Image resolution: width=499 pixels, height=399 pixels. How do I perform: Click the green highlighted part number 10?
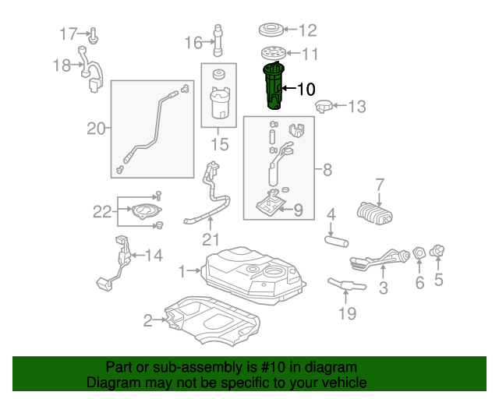click(x=274, y=86)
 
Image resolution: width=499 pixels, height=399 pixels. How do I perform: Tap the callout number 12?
click(x=307, y=30)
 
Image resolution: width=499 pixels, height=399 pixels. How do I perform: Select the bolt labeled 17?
click(x=93, y=36)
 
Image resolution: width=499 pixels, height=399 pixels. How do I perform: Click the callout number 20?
click(x=96, y=129)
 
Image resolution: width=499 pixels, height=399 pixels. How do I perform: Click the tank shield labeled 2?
click(x=212, y=320)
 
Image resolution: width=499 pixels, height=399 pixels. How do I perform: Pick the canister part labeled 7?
click(x=375, y=214)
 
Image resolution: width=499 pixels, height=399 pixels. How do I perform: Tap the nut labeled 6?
click(x=419, y=253)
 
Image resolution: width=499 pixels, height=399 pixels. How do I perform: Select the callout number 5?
click(x=439, y=280)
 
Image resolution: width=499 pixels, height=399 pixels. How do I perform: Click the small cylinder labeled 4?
click(x=336, y=241)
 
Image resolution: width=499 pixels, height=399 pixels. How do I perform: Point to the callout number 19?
click(x=347, y=314)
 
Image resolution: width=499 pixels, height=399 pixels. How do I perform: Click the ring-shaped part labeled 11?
click(x=274, y=53)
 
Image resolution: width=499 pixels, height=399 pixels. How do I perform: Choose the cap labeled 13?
click(x=324, y=106)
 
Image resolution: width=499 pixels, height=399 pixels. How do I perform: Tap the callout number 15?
click(x=220, y=144)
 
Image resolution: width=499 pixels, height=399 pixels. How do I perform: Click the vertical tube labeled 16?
click(x=218, y=41)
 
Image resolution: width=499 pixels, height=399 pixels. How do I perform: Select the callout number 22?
click(x=102, y=212)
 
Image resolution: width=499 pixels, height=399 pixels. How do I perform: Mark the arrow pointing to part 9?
click(x=285, y=209)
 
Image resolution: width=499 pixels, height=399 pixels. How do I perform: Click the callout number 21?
click(x=211, y=239)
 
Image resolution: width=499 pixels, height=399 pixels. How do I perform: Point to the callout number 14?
click(x=154, y=255)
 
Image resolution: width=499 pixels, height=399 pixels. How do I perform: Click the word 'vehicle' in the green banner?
click(x=344, y=382)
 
